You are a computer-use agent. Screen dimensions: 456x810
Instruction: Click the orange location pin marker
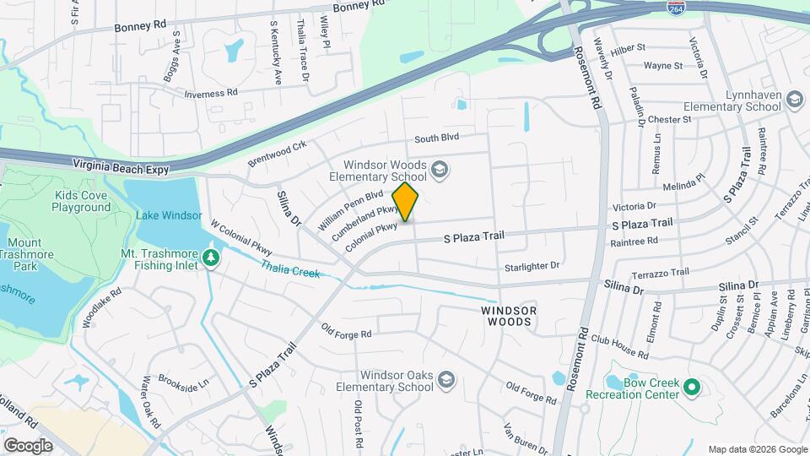pos(406,201)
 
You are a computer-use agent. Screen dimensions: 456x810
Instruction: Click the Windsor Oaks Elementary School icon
pos(445,382)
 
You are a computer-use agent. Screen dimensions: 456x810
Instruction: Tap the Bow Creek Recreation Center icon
pos(692,388)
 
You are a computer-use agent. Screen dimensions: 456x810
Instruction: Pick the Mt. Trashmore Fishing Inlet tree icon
pos(212,257)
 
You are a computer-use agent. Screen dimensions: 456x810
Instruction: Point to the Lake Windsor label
pos(169,215)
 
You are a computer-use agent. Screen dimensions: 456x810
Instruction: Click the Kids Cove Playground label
pos(82,201)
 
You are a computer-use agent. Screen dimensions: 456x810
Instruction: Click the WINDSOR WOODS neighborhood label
pos(509,316)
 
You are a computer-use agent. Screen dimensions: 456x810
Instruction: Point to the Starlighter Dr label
pos(532,266)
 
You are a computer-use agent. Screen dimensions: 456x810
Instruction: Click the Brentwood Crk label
pos(277,154)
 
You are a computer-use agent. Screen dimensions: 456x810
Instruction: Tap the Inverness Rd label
pos(211,94)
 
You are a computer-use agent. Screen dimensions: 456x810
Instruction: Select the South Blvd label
pos(436,138)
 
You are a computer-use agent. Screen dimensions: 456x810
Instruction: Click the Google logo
pos(28,445)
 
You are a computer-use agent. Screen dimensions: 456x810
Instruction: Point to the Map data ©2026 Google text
pos(757,449)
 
